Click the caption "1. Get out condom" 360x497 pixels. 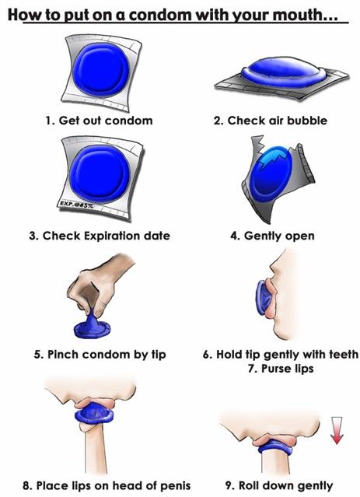(99, 121)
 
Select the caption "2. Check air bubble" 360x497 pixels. (271, 121)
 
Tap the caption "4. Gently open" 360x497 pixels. (273, 236)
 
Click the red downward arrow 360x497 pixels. (337, 430)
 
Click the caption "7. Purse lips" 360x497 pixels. (281, 369)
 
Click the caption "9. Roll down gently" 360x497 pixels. (279, 485)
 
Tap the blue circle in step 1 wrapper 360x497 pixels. (101, 70)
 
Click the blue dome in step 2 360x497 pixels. (283, 72)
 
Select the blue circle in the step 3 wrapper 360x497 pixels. (100, 174)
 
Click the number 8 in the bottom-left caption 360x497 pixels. (26, 486)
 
